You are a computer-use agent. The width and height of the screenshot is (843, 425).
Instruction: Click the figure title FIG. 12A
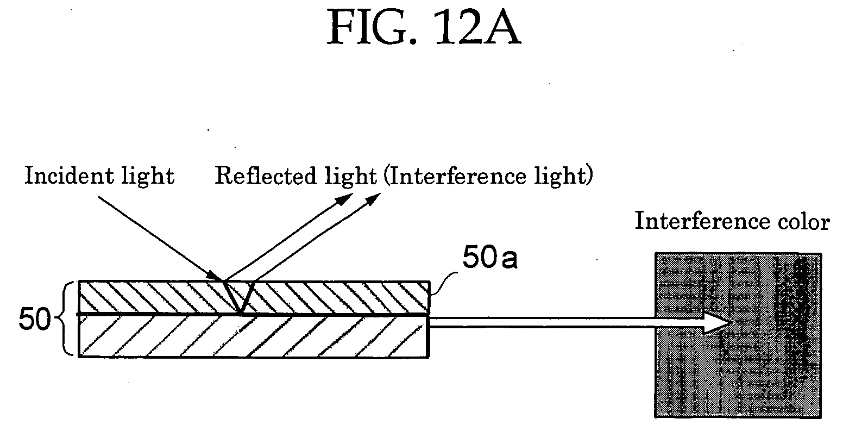point(424,27)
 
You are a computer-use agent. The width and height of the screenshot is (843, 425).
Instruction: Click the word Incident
point(64,176)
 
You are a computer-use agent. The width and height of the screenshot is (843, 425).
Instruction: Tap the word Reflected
point(266,176)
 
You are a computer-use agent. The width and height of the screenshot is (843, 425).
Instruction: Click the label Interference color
point(732,221)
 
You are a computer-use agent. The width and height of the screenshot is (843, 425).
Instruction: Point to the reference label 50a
point(490,257)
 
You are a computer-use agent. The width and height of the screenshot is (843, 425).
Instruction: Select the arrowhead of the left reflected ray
point(344,199)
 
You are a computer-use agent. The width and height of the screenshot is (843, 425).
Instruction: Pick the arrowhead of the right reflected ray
point(373,199)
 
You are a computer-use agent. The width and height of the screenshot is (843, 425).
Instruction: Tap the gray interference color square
point(738,335)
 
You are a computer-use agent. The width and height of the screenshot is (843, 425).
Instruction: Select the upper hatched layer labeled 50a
point(254,297)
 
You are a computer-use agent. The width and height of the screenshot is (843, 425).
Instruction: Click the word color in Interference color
point(804,221)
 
